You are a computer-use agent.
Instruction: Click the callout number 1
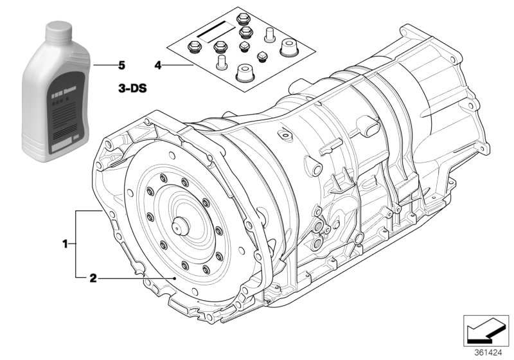pyautogui.click(x=65, y=244)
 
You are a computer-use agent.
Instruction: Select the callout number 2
pyautogui.click(x=93, y=278)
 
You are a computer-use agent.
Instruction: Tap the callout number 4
pyautogui.click(x=158, y=66)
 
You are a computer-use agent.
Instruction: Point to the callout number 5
pyautogui.click(x=121, y=66)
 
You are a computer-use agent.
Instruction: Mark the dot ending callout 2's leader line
pyautogui.click(x=175, y=278)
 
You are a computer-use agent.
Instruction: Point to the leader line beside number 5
pyautogui.click(x=102, y=66)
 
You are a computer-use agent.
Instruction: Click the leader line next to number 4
pyautogui.click(x=180, y=66)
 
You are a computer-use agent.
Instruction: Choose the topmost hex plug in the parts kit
pyautogui.click(x=244, y=19)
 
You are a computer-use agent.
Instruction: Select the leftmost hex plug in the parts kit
pyautogui.click(x=192, y=46)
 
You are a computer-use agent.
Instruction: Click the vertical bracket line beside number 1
pyautogui.click(x=76, y=244)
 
